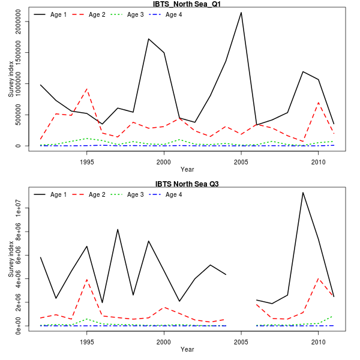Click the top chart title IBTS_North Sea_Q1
187,4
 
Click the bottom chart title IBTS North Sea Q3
187,184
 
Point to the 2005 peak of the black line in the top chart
241,13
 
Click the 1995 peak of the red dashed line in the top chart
87,89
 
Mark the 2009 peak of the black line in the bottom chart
303,192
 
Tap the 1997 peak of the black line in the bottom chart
118,229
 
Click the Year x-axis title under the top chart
187,170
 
